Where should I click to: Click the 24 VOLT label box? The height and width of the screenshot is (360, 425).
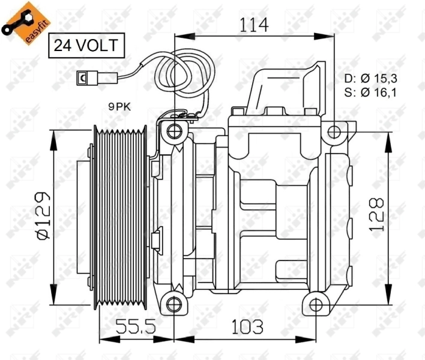(x=86, y=44)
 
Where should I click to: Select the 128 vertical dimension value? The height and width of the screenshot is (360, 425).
(x=376, y=214)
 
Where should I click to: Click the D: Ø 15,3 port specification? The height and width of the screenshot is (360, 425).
(x=371, y=79)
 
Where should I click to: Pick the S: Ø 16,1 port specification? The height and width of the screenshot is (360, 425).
(x=371, y=92)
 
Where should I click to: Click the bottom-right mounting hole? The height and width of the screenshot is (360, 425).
(x=316, y=301)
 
